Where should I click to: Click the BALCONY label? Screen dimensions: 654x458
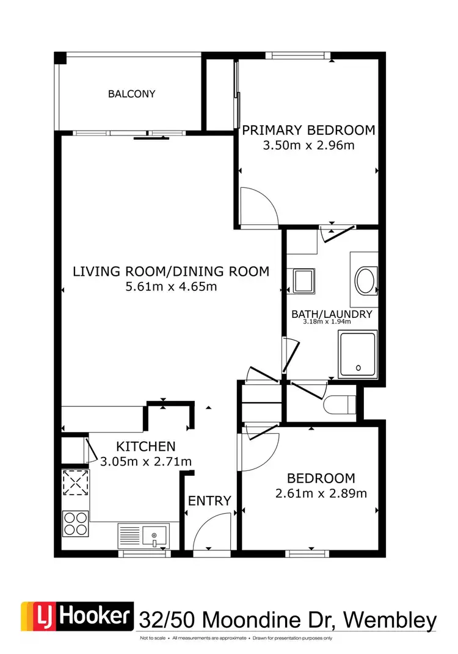coord(131,94)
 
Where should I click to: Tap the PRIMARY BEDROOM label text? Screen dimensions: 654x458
coord(308,130)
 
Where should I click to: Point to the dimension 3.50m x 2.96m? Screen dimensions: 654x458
coord(308,145)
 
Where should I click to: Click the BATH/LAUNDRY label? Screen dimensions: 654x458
coord(332,314)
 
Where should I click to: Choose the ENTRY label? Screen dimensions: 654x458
coord(209,501)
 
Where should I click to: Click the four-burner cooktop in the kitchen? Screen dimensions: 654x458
coord(75,523)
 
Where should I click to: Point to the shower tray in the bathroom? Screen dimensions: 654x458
coord(358,353)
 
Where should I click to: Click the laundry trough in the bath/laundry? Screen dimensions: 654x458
coord(303,281)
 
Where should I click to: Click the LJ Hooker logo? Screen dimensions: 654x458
coord(77,617)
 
